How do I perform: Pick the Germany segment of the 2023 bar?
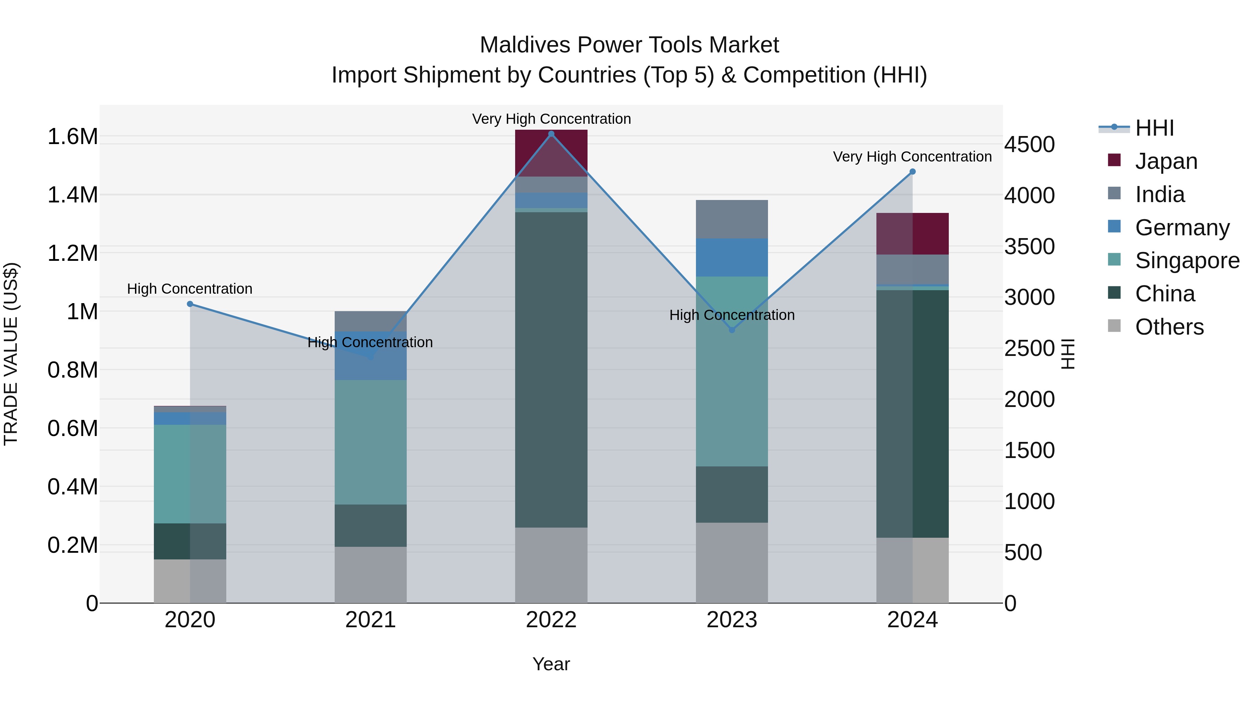732,257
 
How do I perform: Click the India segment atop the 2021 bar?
370,321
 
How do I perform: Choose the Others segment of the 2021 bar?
370,574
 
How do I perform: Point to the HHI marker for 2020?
190,304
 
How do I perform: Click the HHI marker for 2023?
732,330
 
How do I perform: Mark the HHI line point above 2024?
912,172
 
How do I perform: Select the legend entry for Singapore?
1187,260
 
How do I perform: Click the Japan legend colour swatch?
1114,160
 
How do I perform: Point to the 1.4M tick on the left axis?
72,195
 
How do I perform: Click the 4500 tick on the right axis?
1029,145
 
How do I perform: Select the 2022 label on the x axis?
551,620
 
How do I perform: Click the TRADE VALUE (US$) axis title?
11,354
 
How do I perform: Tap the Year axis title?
551,664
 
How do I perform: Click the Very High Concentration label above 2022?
551,119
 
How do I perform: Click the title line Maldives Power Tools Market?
629,45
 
